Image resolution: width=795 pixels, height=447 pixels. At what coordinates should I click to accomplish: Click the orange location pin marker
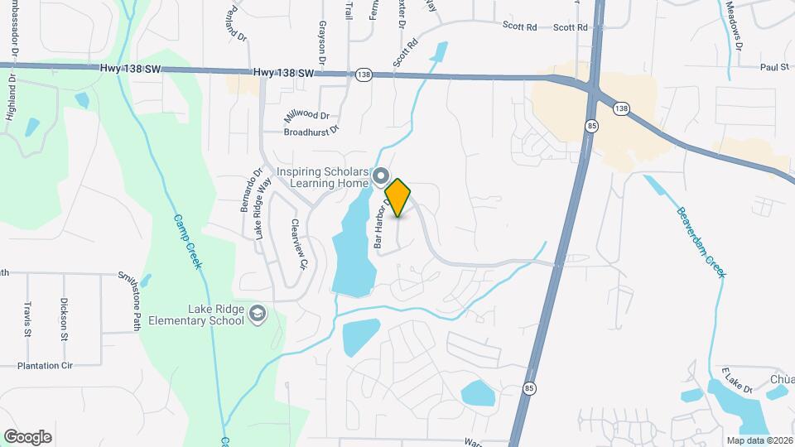click(398, 197)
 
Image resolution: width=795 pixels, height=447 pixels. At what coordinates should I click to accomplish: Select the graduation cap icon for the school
click(258, 313)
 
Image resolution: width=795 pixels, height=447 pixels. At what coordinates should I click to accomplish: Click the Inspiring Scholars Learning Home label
click(322, 177)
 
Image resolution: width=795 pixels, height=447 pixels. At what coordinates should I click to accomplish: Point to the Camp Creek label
click(187, 242)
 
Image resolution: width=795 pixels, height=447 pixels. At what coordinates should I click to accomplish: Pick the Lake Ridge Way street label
click(263, 210)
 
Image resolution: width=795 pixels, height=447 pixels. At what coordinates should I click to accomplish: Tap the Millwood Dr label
click(307, 117)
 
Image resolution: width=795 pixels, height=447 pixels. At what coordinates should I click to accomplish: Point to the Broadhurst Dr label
click(312, 131)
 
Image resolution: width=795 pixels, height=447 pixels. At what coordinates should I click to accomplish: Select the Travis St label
click(28, 320)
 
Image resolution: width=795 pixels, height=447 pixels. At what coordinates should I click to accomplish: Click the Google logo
click(28, 436)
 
